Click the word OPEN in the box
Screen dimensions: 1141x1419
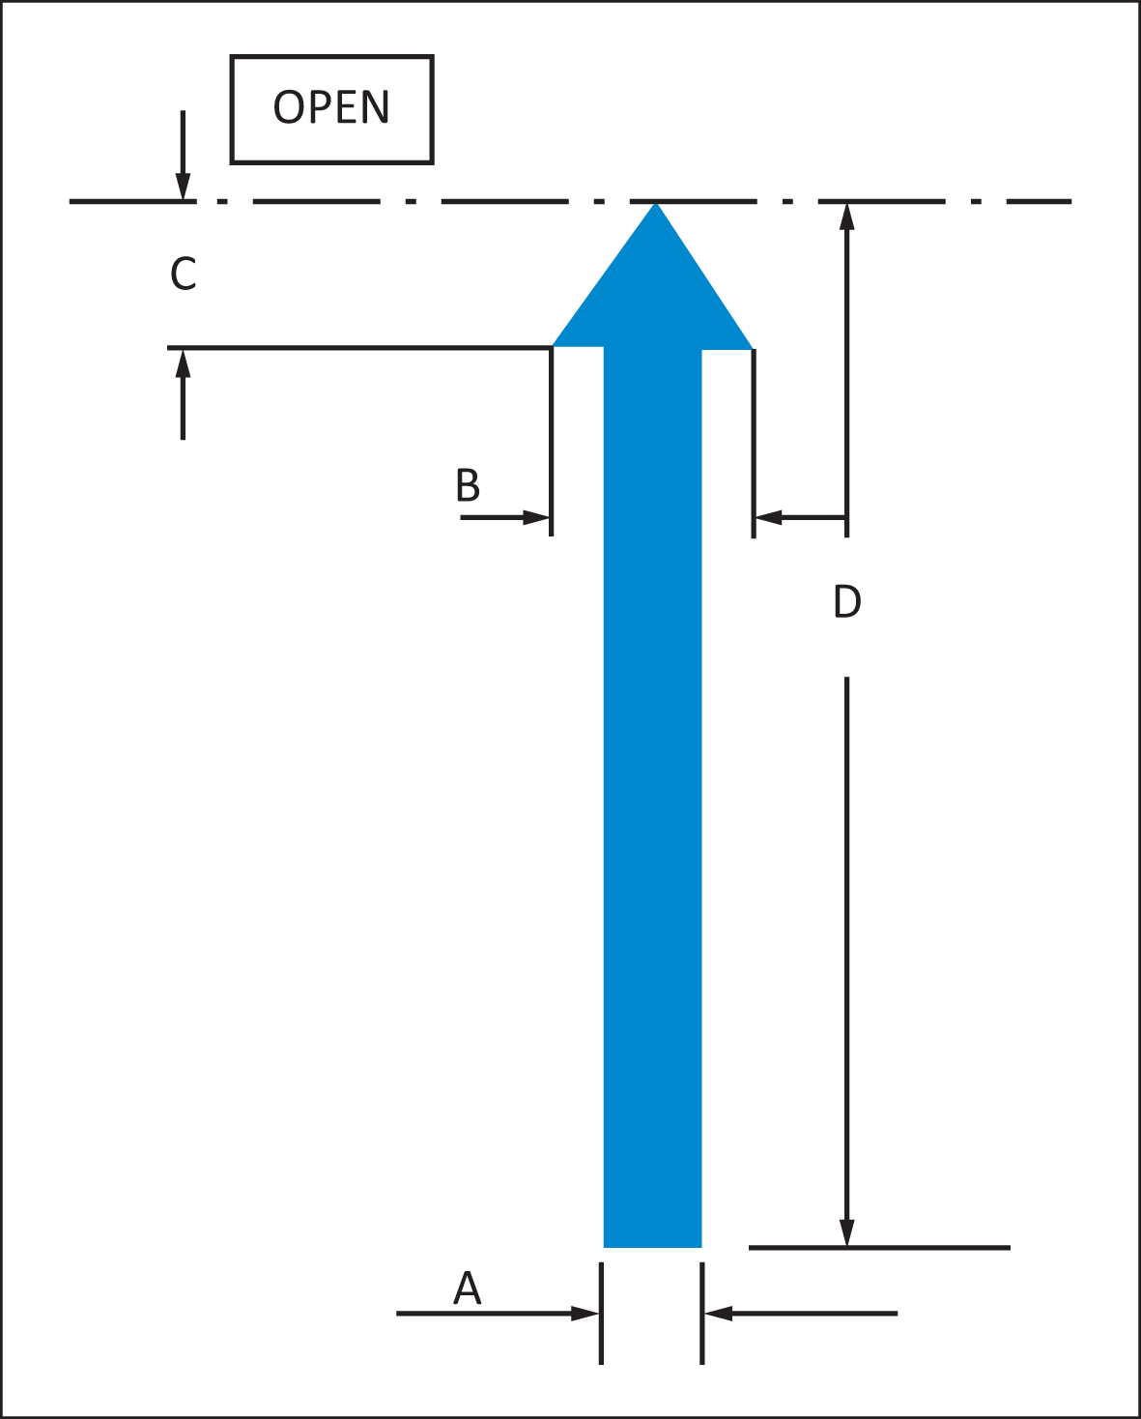[330, 107]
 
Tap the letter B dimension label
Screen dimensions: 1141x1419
[468, 485]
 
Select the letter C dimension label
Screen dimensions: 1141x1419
[184, 274]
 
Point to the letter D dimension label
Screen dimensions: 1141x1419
[847, 600]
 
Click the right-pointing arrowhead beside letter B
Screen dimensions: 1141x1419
[536, 517]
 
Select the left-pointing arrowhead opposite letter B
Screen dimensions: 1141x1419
[769, 517]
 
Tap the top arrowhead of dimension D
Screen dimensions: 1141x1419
[847, 217]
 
